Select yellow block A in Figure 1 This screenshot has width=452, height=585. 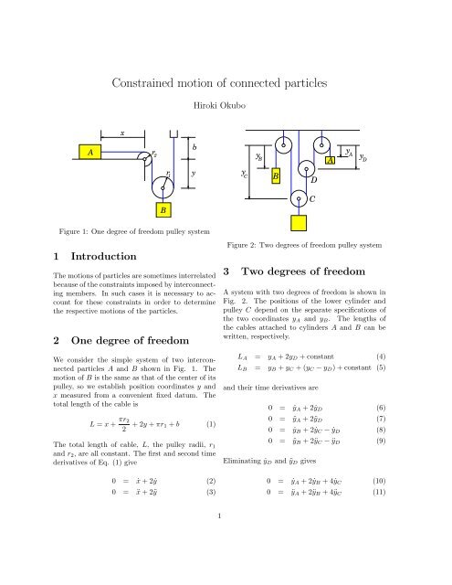tap(89, 153)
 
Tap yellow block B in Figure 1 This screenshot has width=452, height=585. tap(163, 211)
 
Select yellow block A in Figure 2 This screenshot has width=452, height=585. tap(330, 161)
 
